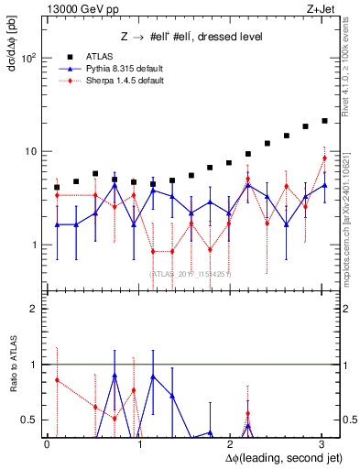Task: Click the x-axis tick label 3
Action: pyautogui.click(x=322, y=443)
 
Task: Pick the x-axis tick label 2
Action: pyautogui.click(x=231, y=443)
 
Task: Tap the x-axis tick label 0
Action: pyautogui.click(x=47, y=443)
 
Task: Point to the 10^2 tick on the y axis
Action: pyautogui.click(x=28, y=58)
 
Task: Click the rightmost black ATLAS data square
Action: pyautogui.click(x=324, y=120)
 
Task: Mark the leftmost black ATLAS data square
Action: pyautogui.click(x=57, y=187)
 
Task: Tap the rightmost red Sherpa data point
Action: pyautogui.click(x=324, y=158)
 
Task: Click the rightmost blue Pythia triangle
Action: pyautogui.click(x=324, y=185)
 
